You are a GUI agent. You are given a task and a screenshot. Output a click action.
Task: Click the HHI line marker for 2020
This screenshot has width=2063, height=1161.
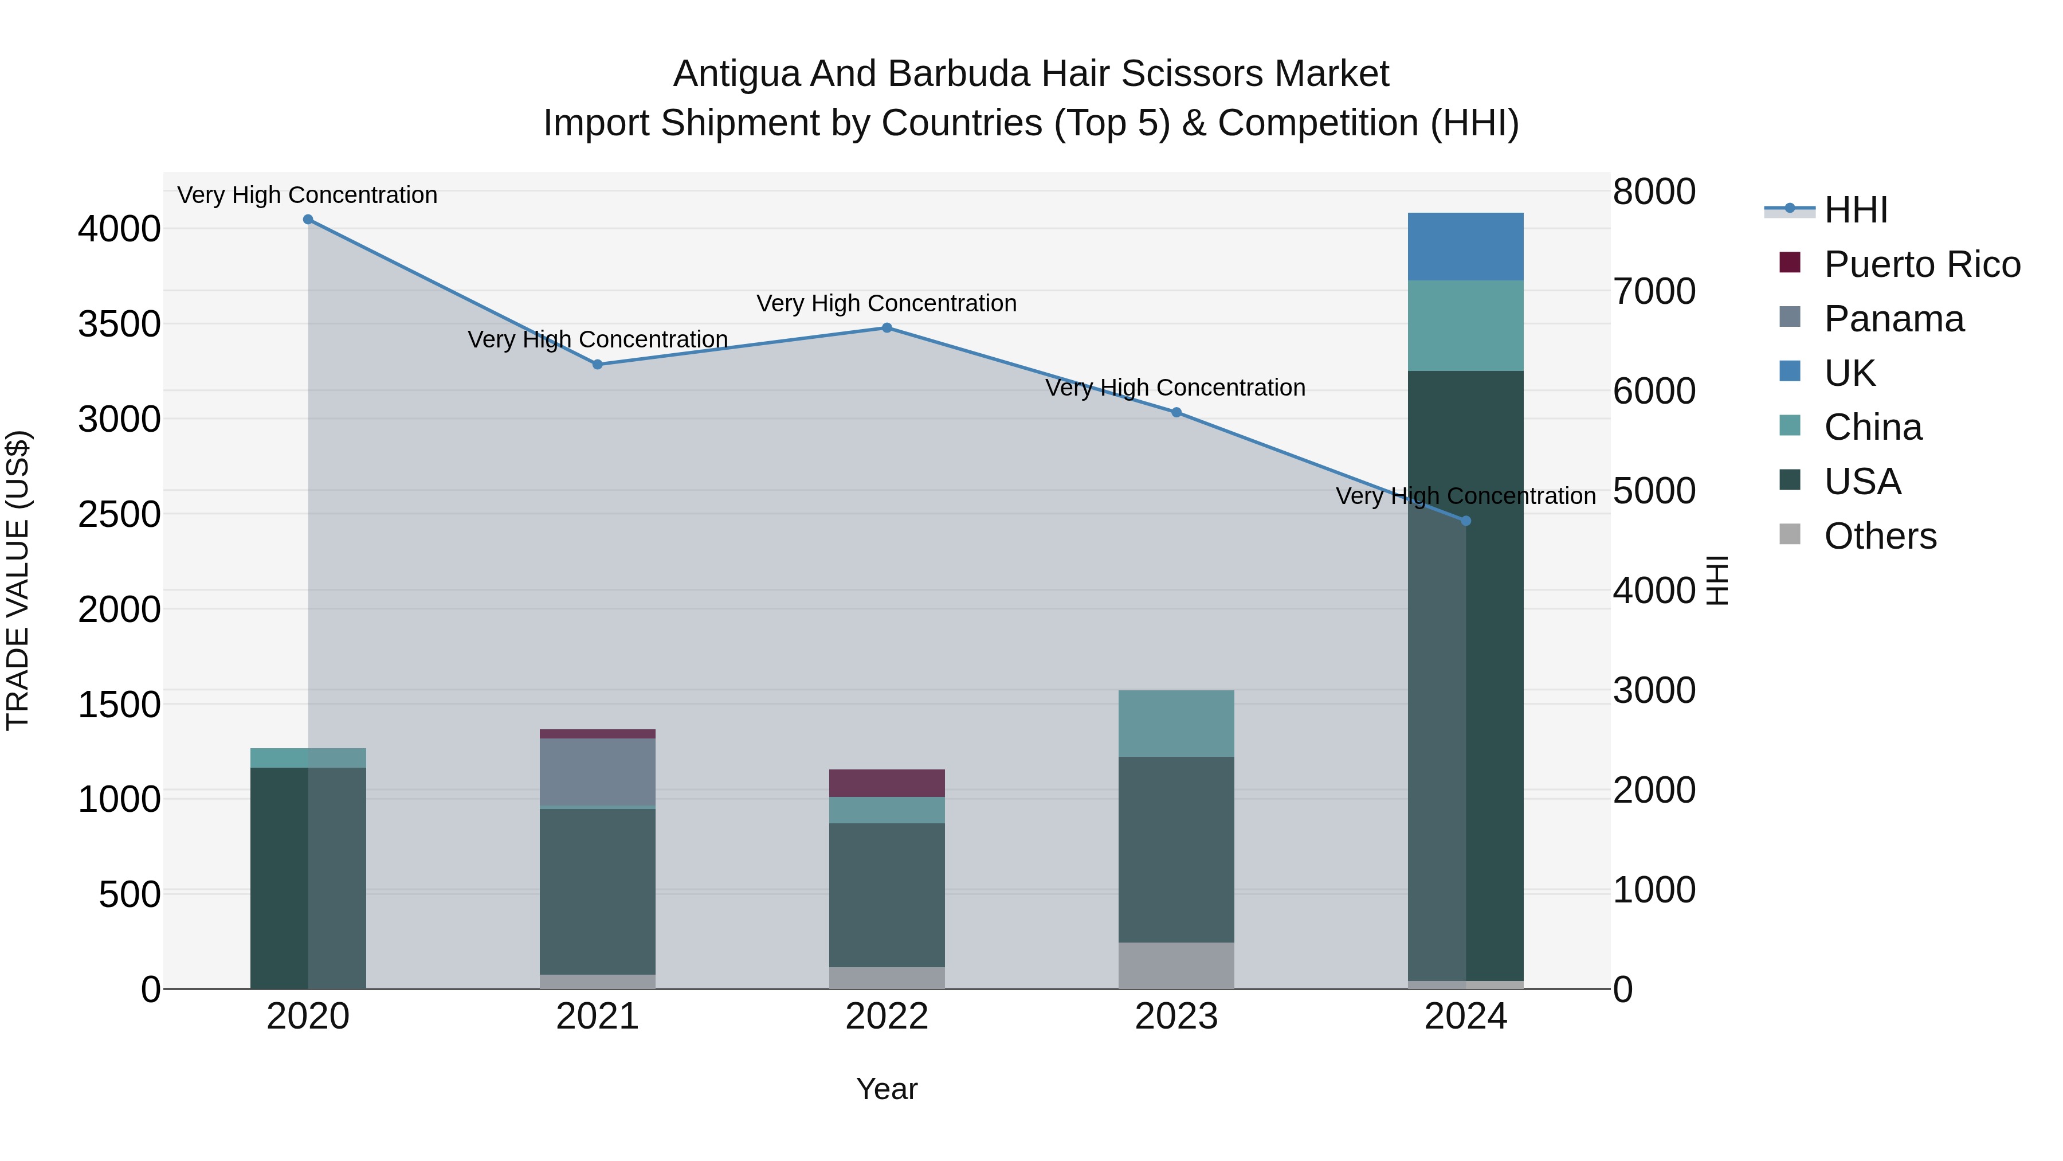coord(308,220)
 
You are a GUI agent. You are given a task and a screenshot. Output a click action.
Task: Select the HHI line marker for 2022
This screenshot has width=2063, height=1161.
coord(887,328)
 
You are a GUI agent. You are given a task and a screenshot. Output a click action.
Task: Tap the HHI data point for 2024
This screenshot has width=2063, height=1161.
coord(1465,521)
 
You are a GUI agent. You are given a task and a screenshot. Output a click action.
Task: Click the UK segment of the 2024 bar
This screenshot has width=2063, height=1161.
coord(1465,247)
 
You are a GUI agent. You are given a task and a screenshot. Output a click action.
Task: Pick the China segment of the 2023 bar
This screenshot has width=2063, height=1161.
coord(1176,724)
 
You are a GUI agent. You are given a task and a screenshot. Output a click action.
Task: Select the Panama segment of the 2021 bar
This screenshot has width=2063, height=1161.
coord(598,772)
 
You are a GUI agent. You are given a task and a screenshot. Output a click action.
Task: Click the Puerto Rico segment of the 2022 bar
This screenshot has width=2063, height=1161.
coord(887,783)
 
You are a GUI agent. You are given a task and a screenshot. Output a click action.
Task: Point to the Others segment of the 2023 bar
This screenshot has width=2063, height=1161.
coord(1176,965)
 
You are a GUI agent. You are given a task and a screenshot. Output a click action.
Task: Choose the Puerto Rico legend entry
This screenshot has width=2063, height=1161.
coord(1922,264)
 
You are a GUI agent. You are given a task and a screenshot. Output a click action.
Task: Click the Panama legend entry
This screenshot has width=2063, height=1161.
coord(1894,319)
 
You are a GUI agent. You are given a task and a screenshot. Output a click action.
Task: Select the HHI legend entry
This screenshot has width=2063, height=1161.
coord(1856,210)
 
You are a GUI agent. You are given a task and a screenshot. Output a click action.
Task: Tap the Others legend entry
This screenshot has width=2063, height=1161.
coord(1880,536)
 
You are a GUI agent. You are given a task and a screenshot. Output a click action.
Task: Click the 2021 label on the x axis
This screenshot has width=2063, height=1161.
coord(598,1017)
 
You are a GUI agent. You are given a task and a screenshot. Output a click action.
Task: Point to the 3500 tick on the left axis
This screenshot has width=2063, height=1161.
coord(119,325)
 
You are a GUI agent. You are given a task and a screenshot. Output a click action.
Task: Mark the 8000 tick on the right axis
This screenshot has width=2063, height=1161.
coord(1654,192)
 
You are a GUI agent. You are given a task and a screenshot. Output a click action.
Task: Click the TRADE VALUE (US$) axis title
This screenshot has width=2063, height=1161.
coord(18,580)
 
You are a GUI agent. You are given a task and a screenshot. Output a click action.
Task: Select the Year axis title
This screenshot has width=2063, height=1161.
coord(887,1089)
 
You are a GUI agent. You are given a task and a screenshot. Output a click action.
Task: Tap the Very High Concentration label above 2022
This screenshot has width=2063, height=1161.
coord(887,304)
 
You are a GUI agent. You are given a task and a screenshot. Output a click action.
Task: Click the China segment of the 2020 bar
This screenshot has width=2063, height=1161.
coord(308,758)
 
